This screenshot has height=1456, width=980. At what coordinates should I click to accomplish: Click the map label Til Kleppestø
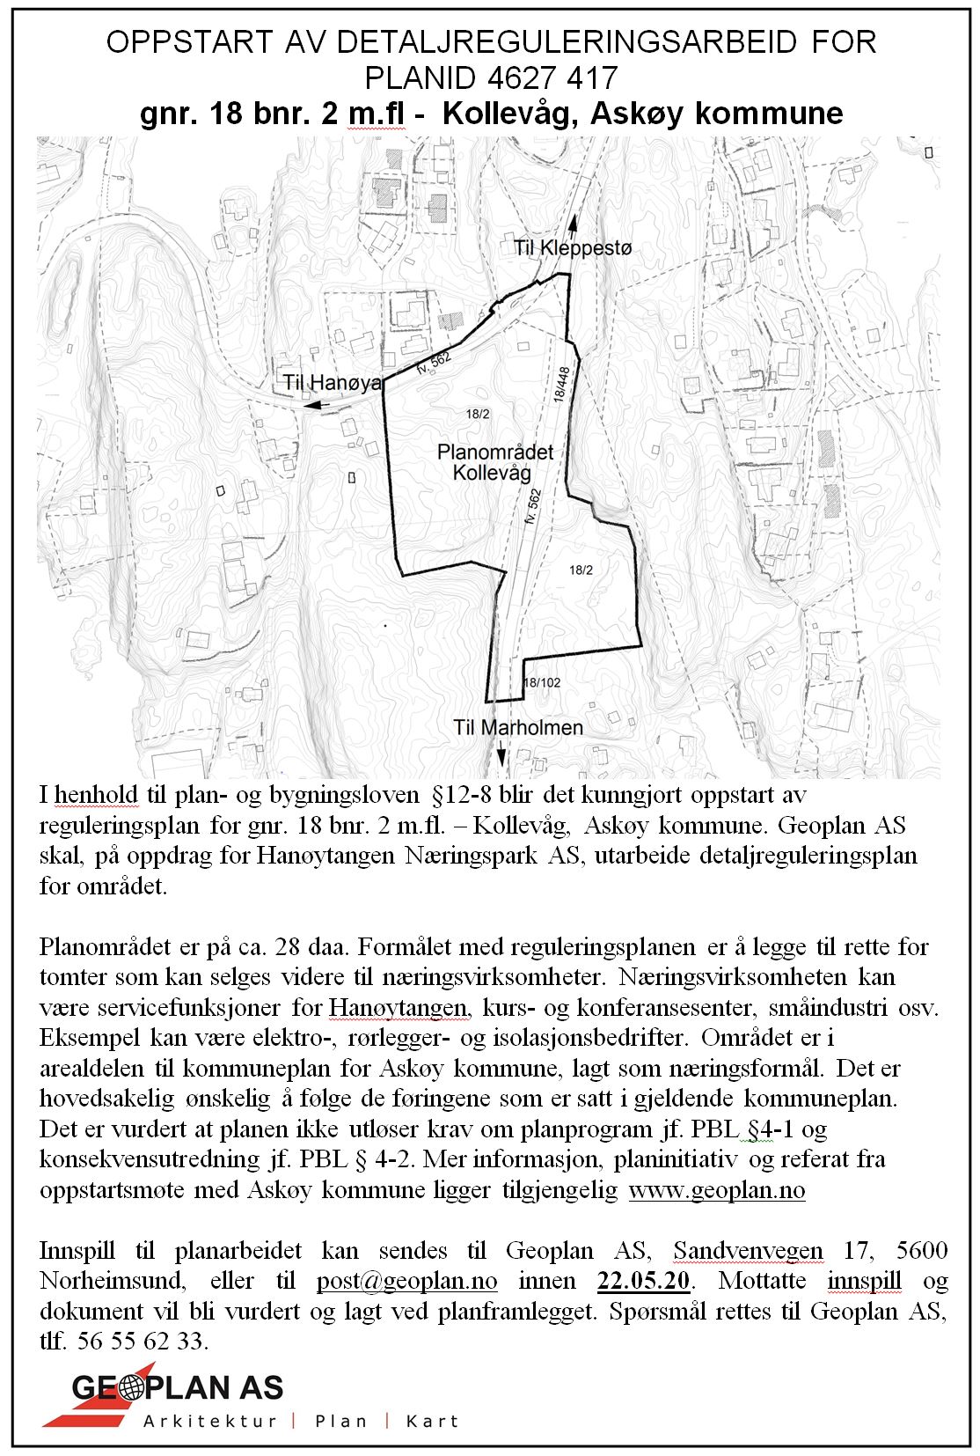tap(573, 248)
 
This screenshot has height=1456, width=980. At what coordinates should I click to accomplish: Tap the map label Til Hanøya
tap(333, 382)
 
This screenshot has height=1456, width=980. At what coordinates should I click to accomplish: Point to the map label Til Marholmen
tap(518, 727)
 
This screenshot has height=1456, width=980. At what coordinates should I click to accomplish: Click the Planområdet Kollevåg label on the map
tap(495, 462)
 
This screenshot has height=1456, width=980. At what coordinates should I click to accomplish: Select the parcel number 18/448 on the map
tap(561, 384)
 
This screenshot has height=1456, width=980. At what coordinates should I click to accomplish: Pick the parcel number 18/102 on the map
tap(542, 682)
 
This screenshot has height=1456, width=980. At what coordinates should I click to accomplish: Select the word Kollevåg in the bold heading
tap(510, 114)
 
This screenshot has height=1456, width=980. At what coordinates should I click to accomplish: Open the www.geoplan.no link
tap(717, 1190)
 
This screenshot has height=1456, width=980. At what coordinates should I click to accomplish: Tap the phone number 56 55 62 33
tap(141, 1341)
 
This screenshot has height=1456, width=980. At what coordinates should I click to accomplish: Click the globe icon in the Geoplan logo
tap(131, 1389)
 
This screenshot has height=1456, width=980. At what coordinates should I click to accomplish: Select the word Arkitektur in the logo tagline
tap(210, 1421)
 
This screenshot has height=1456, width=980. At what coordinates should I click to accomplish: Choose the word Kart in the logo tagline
tap(432, 1421)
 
